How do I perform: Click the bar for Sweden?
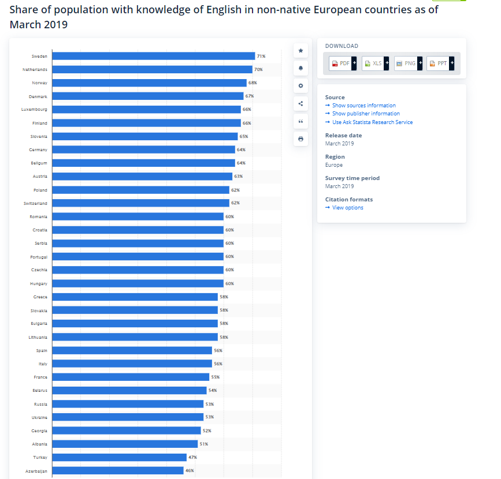pyautogui.click(x=154, y=56)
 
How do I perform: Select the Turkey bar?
pyautogui.click(x=120, y=457)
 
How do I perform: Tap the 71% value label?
pyautogui.click(x=261, y=56)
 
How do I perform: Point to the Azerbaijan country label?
pyautogui.click(x=36, y=471)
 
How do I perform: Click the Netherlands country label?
pyautogui.click(x=35, y=70)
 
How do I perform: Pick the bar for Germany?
pyautogui.click(x=144, y=149)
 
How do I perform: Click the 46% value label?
pyautogui.click(x=190, y=470)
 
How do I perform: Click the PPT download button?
pyautogui.click(x=440, y=63)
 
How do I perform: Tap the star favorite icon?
pyautogui.click(x=300, y=50)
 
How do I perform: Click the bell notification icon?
pyautogui.click(x=300, y=68)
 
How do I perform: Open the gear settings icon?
pyautogui.click(x=300, y=85)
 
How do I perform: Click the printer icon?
pyautogui.click(x=300, y=139)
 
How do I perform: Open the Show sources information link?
pyautogui.click(x=361, y=105)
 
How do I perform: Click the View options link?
pyautogui.click(x=344, y=207)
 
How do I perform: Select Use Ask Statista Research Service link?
pyautogui.click(x=369, y=122)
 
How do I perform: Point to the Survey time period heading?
pyautogui.click(x=352, y=178)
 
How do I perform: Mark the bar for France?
pyautogui.click(x=131, y=377)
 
